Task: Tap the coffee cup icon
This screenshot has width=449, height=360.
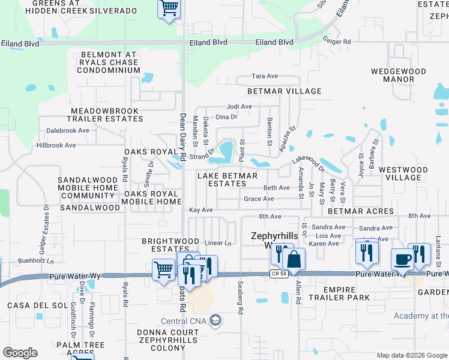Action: (402, 259)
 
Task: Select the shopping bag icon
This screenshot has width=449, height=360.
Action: (294, 259)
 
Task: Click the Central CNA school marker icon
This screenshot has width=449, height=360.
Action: (215, 321)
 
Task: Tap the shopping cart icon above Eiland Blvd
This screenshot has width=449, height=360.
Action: (169, 8)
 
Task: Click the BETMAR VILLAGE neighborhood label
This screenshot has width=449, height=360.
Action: (285, 91)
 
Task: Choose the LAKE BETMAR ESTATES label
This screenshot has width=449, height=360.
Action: (228, 180)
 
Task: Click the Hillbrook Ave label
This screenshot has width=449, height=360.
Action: (56, 145)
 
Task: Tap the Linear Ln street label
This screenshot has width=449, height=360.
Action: (218, 243)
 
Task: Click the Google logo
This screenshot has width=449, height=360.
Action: (20, 353)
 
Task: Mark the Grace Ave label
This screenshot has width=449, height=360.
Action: (259, 199)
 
